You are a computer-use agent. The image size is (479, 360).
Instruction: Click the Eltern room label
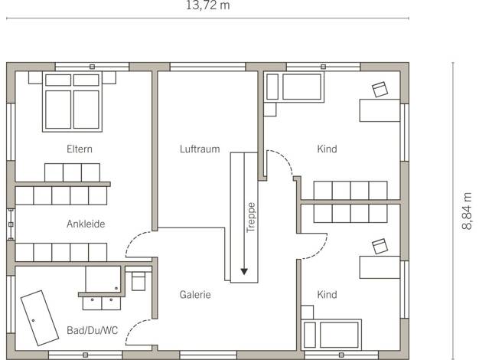click(x=80, y=149)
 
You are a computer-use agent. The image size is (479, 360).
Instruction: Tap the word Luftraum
click(x=200, y=149)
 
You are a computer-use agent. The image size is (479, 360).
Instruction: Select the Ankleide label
click(x=86, y=224)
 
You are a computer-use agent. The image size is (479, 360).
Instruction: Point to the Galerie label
click(x=195, y=295)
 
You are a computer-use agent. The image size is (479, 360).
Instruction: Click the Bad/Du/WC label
click(x=93, y=330)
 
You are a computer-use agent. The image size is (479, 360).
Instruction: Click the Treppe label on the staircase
click(x=251, y=218)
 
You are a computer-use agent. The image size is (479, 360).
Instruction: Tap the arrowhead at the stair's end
click(x=244, y=271)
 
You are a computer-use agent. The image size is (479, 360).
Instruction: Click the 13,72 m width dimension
click(x=207, y=5)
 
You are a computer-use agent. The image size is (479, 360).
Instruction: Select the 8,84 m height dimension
click(x=467, y=211)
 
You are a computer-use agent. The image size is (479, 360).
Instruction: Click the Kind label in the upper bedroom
click(x=327, y=149)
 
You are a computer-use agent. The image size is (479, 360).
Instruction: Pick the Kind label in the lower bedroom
click(x=327, y=295)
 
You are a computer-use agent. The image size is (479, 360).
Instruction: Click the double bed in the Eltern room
click(x=72, y=102)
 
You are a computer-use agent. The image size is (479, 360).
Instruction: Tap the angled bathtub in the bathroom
click(x=40, y=318)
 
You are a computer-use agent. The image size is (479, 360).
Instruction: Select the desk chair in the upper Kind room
click(x=380, y=90)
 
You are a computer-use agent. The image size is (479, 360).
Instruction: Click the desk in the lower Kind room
click(x=380, y=267)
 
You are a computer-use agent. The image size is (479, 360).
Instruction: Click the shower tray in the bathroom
click(x=103, y=279)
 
